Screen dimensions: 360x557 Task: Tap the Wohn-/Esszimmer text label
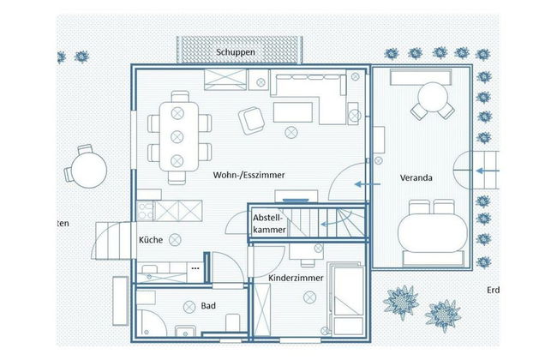click(249, 175)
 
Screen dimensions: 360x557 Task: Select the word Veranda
click(416, 178)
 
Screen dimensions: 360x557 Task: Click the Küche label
click(151, 240)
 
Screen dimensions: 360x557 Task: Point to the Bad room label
click(208, 305)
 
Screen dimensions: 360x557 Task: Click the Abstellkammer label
click(268, 224)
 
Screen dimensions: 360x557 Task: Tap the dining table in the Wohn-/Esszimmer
click(179, 137)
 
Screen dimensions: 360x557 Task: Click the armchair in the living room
click(252, 120)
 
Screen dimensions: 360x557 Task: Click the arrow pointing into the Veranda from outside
click(489, 171)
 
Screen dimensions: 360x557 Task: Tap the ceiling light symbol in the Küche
click(176, 238)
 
